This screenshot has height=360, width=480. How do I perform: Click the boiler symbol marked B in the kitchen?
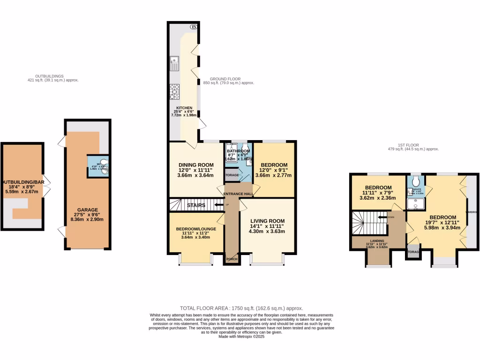[x=193, y=27]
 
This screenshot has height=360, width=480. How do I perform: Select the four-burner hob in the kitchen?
[x=174, y=92]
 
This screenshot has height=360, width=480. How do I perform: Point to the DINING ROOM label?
[x=196, y=165]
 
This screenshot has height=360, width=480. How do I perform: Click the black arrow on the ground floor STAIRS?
[x=217, y=205]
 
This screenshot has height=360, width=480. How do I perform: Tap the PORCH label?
[x=232, y=259]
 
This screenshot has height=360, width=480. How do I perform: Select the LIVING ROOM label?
[x=267, y=221]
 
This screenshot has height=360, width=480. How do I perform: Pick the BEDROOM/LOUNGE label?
[x=196, y=229]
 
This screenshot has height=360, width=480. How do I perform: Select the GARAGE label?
[x=88, y=210]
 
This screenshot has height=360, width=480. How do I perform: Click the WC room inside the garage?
[x=98, y=166]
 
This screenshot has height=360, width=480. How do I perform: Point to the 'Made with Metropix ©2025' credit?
[x=241, y=337]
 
